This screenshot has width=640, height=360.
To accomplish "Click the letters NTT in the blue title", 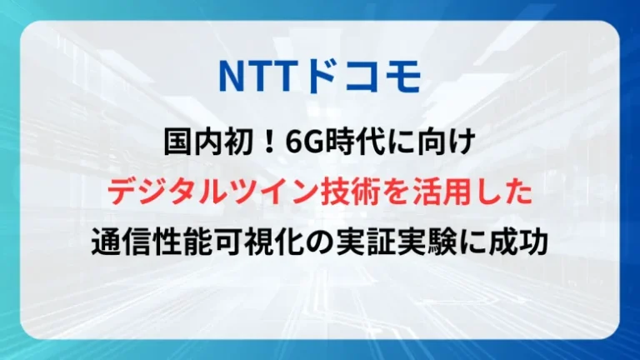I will coord(251,75).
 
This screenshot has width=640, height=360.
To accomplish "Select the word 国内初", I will coord(201,143).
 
